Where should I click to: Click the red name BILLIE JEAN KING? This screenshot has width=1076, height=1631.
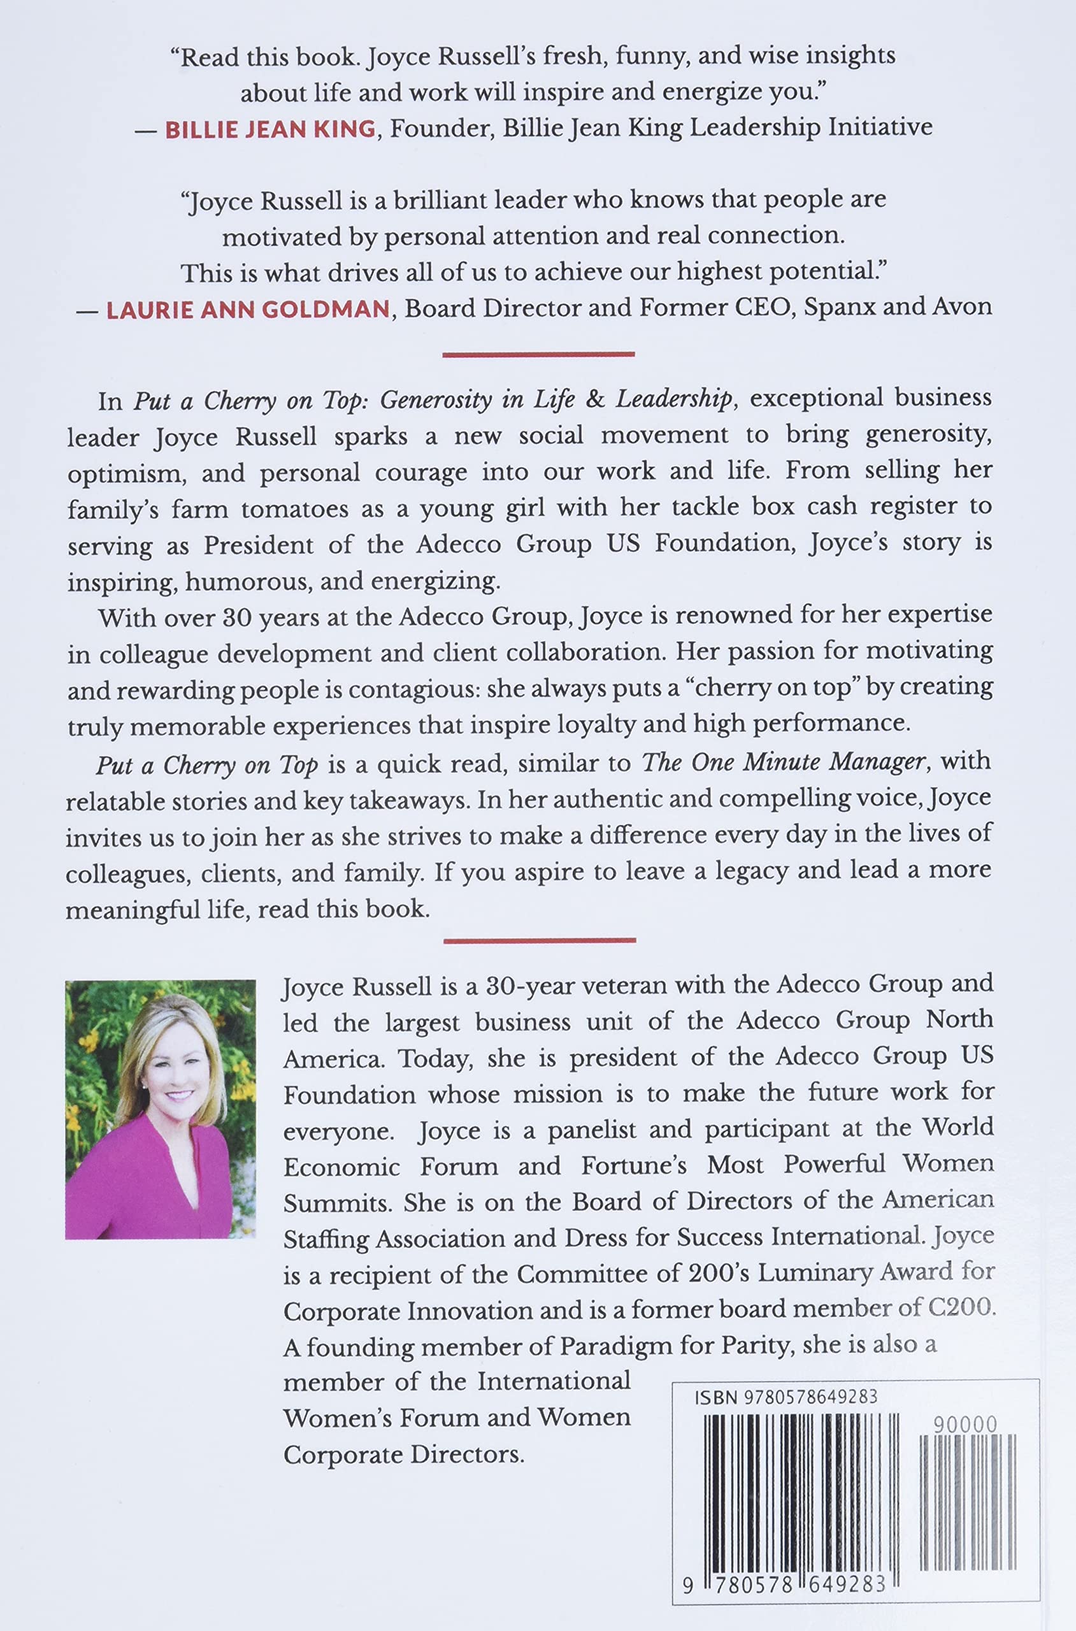click(x=270, y=128)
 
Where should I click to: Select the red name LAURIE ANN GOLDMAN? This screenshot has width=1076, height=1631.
click(x=248, y=309)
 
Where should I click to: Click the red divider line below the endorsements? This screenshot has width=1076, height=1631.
click(x=539, y=355)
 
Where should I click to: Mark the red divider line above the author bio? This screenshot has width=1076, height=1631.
click(x=540, y=941)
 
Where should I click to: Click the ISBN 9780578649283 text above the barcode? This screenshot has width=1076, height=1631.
click(x=785, y=1398)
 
